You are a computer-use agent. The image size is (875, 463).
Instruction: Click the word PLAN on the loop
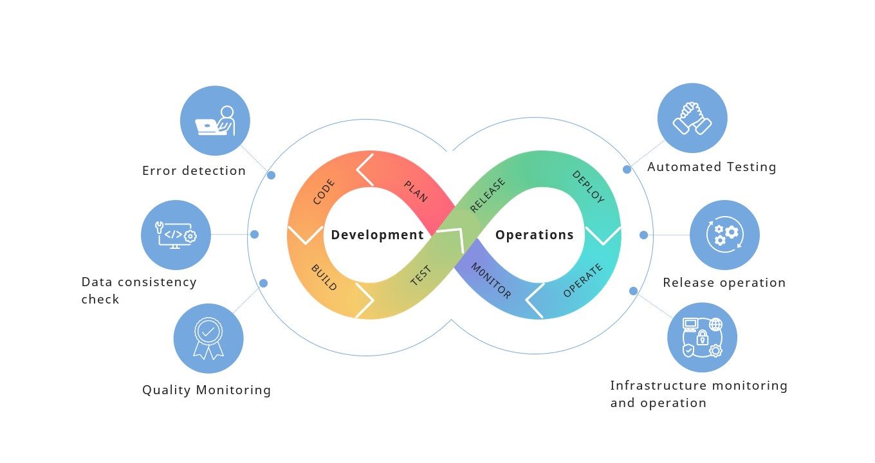(416, 192)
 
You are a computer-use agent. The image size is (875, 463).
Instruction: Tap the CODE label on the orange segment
(324, 192)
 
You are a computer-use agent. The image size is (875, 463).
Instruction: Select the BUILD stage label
(324, 277)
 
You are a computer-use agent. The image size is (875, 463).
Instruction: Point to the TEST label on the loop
(421, 276)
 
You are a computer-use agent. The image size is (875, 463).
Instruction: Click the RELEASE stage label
(488, 195)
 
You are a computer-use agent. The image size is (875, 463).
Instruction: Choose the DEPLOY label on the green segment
(588, 186)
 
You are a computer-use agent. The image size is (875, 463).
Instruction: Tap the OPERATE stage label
(583, 281)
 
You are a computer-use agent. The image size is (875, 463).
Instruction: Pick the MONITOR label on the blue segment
(491, 281)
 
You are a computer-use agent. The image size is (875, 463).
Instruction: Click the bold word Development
(378, 235)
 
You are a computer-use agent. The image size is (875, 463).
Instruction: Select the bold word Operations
(535, 235)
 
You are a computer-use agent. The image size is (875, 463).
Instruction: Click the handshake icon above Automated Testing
(692, 118)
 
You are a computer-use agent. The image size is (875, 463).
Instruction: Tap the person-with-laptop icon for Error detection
(215, 121)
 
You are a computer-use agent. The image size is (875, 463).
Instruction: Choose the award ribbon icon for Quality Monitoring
(208, 338)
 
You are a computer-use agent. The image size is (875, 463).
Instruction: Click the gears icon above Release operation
(724, 235)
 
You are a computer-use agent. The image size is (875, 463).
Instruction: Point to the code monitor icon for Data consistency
(176, 235)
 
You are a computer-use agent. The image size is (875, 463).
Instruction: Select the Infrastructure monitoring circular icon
(702, 338)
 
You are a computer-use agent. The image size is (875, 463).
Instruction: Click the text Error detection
(194, 171)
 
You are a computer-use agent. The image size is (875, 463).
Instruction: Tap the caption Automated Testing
(712, 167)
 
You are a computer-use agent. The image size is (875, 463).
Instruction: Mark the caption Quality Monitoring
(207, 390)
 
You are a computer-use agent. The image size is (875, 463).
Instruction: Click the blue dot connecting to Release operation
(643, 235)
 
